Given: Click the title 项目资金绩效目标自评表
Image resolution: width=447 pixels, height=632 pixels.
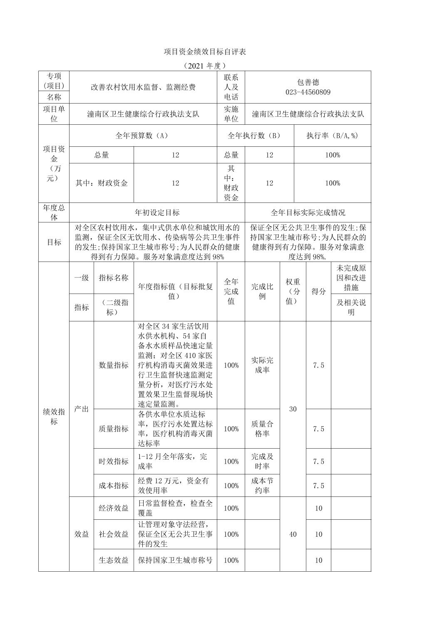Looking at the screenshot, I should (205, 52).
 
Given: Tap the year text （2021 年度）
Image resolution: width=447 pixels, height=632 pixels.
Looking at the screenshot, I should (205, 66).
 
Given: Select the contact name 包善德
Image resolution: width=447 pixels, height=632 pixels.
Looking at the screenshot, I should (308, 82).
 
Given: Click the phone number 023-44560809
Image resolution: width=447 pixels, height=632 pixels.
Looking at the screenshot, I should (308, 92).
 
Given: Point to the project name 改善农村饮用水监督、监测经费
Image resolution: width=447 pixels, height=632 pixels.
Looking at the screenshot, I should (143, 87).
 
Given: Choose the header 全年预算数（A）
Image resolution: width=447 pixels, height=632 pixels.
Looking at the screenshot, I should (143, 136).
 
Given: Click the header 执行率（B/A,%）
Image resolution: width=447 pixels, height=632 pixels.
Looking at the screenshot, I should (332, 136).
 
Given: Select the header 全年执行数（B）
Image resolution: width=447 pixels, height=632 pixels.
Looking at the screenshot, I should (255, 136).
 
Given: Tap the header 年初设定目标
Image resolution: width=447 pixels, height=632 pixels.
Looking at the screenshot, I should (157, 212).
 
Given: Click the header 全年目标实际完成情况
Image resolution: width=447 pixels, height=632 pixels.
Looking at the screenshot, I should (308, 212).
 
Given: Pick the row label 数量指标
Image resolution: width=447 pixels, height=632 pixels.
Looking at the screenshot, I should (114, 365).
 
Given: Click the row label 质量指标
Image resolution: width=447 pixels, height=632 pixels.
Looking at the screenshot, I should (114, 429).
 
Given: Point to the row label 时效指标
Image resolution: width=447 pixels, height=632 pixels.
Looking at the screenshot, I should (114, 462).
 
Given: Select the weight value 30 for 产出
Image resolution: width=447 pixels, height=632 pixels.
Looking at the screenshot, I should (293, 409).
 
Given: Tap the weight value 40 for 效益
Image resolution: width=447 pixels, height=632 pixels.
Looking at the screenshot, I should (293, 534).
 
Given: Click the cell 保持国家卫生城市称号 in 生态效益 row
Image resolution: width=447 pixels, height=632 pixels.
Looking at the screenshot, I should (175, 560).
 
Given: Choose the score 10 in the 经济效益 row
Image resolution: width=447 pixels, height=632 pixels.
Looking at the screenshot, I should (318, 508).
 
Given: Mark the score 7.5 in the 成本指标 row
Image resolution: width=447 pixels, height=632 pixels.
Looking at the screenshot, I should (318, 486).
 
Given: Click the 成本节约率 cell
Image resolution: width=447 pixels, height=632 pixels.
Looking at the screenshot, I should (262, 486).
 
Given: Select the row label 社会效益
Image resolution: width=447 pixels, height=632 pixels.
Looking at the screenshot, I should (114, 534).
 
